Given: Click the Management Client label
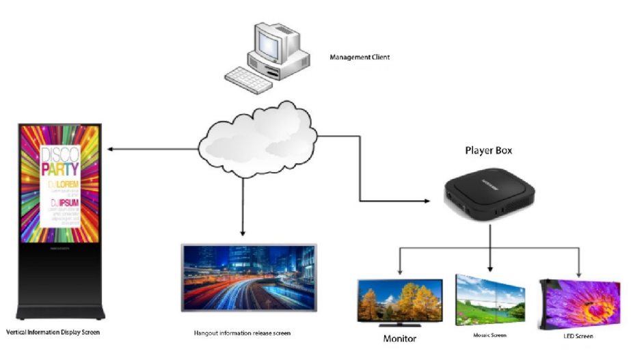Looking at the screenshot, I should (x=360, y=57).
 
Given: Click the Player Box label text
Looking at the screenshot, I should (x=488, y=150).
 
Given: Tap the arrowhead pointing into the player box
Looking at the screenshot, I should (x=425, y=201).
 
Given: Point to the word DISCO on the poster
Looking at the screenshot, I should (x=57, y=154).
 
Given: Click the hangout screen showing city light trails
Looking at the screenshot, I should (x=248, y=277).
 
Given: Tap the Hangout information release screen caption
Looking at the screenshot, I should (x=242, y=333).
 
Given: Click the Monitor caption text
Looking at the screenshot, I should (x=400, y=338).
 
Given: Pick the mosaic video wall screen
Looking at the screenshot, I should (x=492, y=299).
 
